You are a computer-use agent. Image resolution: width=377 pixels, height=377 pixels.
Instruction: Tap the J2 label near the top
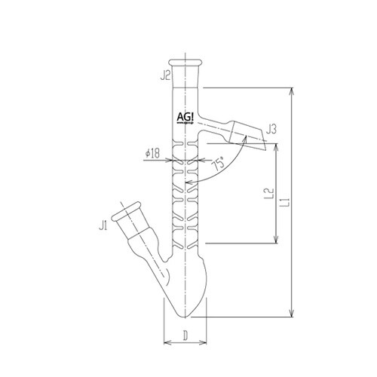[x=164, y=75]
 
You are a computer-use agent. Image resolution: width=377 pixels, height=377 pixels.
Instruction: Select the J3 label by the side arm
[x=274, y=130]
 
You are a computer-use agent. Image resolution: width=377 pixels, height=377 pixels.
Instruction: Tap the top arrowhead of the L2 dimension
[x=277, y=144]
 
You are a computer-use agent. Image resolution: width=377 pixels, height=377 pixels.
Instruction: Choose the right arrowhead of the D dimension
[x=205, y=344]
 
